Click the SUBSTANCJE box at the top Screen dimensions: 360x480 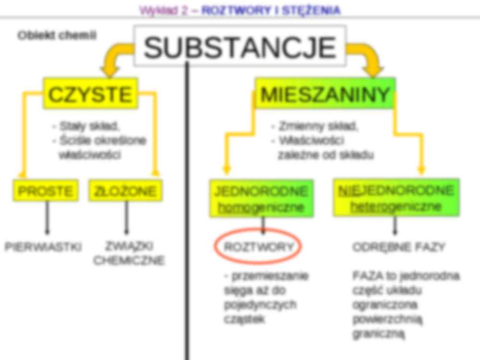[240, 47]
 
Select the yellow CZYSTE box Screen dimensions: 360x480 [90, 94]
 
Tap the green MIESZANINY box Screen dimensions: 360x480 [325, 94]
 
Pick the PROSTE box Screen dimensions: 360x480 [45, 191]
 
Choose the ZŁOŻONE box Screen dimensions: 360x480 [125, 191]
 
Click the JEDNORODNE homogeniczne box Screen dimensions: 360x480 [261, 198]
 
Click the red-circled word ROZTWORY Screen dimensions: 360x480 [258, 247]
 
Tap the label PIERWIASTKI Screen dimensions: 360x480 [43, 247]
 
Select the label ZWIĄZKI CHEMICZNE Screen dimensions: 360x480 [129, 253]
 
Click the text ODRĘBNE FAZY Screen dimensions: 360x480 [399, 247]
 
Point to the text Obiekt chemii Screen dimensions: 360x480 [57, 36]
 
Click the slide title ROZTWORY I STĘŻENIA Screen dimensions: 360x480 [271, 11]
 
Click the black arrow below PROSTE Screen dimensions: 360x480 [47, 217]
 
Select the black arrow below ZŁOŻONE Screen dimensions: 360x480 [126, 217]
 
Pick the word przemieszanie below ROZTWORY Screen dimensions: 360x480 [270, 276]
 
